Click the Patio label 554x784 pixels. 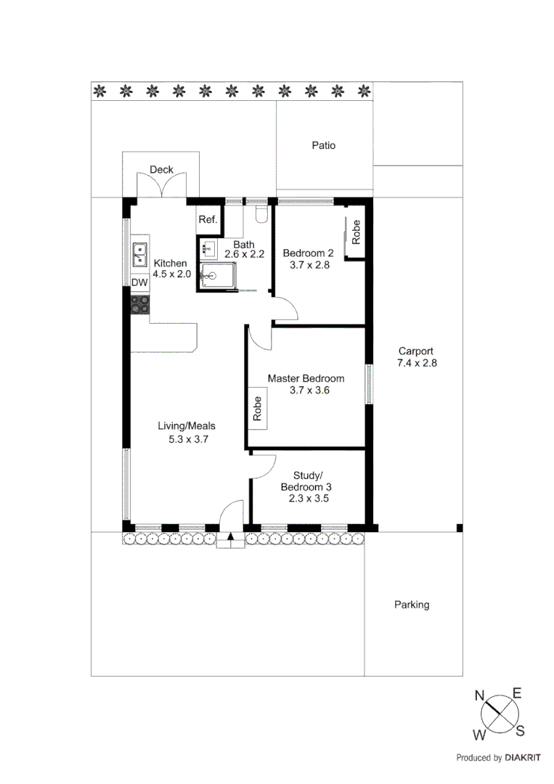pyautogui.click(x=324, y=145)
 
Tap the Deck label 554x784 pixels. pyautogui.click(x=161, y=170)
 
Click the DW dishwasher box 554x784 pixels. pyautogui.click(x=139, y=282)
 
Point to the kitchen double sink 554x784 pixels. pyautogui.click(x=139, y=255)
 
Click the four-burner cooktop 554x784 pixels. pyautogui.click(x=140, y=304)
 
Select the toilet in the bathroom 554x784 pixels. pyautogui.click(x=263, y=213)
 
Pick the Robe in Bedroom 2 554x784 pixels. pyautogui.click(x=356, y=232)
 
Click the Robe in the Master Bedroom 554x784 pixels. pyautogui.click(x=258, y=409)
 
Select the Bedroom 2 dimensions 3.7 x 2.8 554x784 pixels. pyautogui.click(x=308, y=266)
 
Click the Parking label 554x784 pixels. pyautogui.click(x=412, y=604)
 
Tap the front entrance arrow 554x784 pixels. pyautogui.click(x=231, y=538)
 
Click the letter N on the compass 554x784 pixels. pyautogui.click(x=479, y=695)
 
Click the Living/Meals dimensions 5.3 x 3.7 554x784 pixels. pyautogui.click(x=188, y=438)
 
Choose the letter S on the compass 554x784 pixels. pyautogui.click(x=520, y=730)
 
